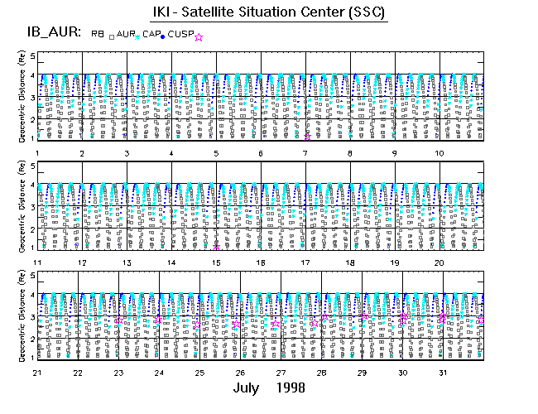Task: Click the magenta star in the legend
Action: coord(198,36)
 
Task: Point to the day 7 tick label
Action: coord(305,153)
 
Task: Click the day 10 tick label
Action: coord(440,153)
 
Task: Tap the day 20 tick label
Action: coord(440,262)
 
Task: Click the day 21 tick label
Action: coord(37,372)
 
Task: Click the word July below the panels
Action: coord(249,388)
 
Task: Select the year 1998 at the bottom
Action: coord(296,388)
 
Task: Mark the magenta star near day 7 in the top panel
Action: coord(307,137)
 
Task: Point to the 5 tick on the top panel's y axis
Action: coord(32,56)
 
